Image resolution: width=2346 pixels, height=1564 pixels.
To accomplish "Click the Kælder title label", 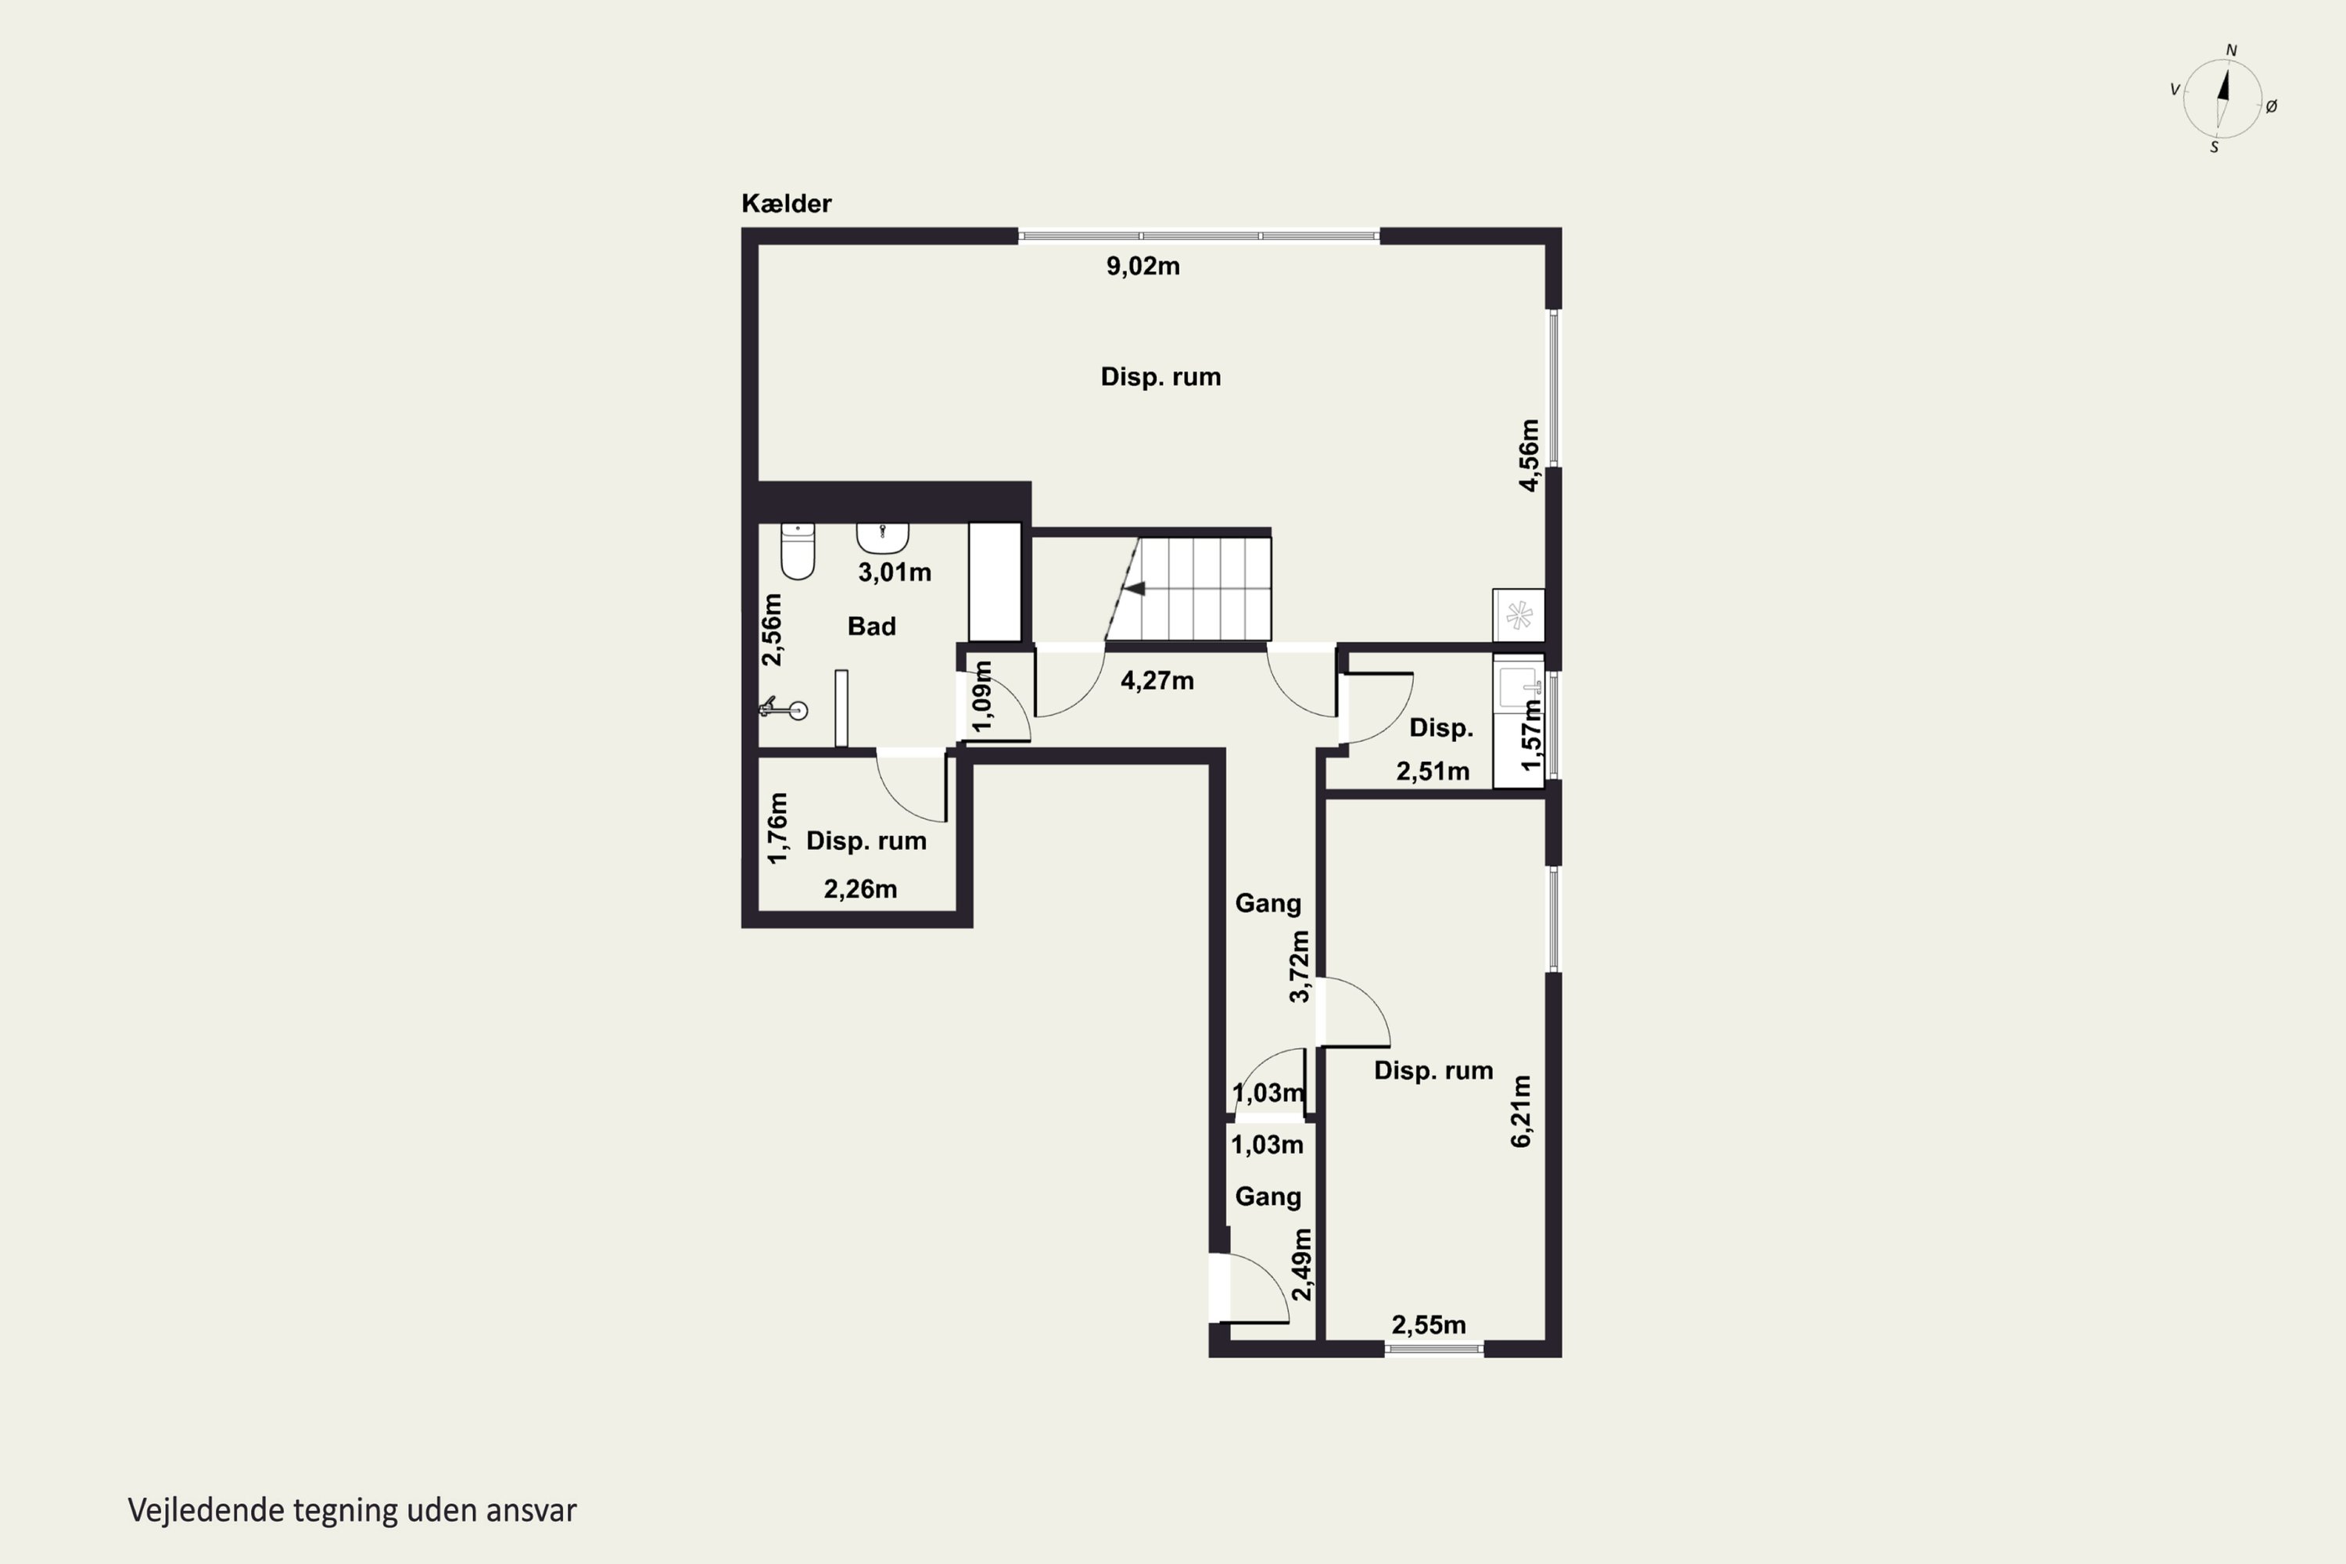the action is [x=786, y=203].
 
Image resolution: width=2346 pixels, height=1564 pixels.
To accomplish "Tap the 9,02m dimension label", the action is [x=1143, y=267].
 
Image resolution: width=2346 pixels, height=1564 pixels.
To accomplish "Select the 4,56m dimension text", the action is [x=1529, y=455].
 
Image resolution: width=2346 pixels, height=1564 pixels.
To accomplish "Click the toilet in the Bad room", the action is [x=797, y=551].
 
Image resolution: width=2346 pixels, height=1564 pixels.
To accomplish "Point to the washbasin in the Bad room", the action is [x=883, y=539].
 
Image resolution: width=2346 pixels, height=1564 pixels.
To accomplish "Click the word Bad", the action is [x=872, y=626].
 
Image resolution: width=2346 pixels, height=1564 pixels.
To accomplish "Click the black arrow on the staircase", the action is [x=1134, y=589].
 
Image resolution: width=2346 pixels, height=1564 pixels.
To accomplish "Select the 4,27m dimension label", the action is [x=1157, y=681].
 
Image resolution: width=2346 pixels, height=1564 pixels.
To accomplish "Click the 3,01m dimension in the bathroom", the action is [x=895, y=572].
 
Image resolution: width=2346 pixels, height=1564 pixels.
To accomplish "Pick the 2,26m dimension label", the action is [x=859, y=888].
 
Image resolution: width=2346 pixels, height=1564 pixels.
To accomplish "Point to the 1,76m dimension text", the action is [x=778, y=828].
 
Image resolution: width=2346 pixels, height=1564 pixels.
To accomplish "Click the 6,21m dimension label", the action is [x=1521, y=1111].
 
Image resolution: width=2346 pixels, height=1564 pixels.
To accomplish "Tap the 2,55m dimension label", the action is [x=1429, y=1325].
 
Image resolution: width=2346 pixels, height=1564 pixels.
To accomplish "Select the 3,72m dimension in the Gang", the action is [x=1299, y=967].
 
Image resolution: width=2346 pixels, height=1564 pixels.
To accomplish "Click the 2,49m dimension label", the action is [x=1302, y=1264].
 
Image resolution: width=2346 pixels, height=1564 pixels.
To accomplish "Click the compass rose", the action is [x=2222, y=99].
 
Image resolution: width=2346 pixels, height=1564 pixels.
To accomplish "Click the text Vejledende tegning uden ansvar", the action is [x=352, y=1510].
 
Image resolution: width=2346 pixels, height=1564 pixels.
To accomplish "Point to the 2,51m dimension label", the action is [x=1433, y=771].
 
